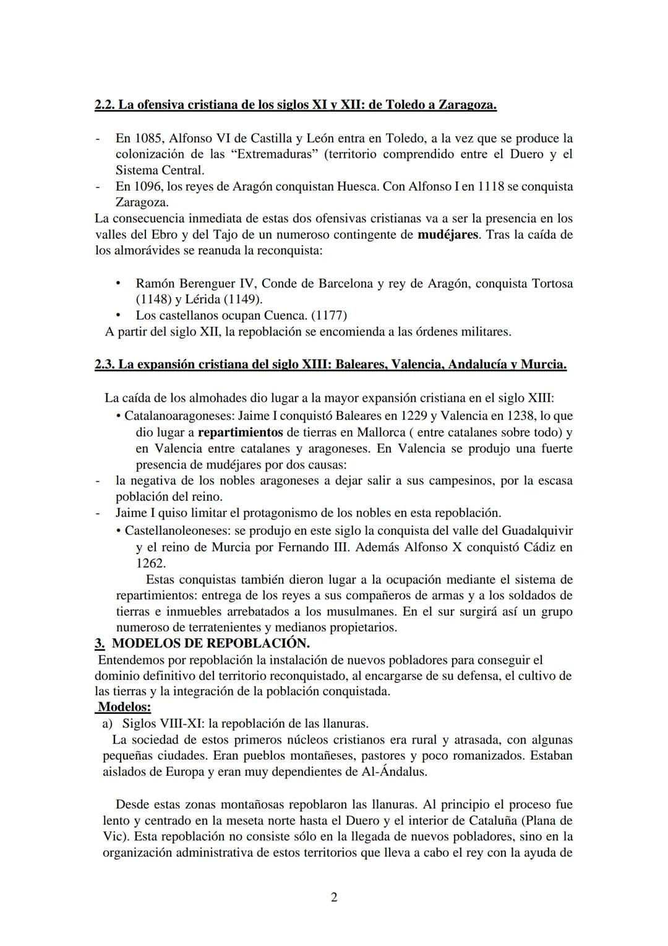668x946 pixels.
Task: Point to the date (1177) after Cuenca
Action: pyautogui.click(x=328, y=316)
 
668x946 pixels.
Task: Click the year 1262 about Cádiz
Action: pyautogui.click(x=150, y=563)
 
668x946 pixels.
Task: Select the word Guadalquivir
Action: pyautogui.click(x=537, y=531)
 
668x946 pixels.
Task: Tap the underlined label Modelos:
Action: pyautogui.click(x=124, y=707)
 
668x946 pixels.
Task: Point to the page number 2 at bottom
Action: pyautogui.click(x=334, y=898)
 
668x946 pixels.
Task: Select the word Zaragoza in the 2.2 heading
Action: pyautogui.click(x=468, y=105)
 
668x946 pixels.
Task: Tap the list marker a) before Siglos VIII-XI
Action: pyautogui.click(x=107, y=724)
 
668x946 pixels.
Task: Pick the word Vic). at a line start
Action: pyautogui.click(x=116, y=837)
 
